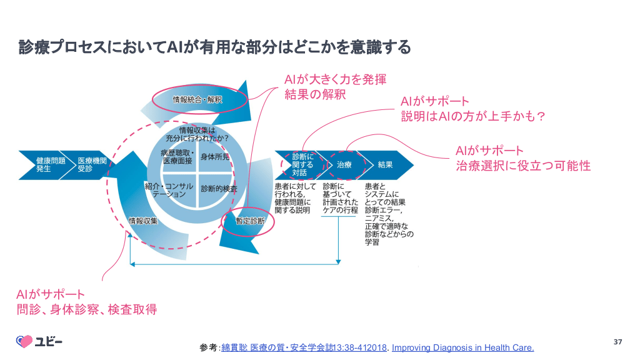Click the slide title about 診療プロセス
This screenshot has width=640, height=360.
tap(214, 47)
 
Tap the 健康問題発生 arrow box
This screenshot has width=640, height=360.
tap(48, 165)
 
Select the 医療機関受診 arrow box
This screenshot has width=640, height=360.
tap(92, 165)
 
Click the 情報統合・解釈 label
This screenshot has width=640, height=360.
tap(197, 99)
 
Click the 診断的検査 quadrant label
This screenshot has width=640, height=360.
tap(219, 188)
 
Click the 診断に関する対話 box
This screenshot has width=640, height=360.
tap(303, 164)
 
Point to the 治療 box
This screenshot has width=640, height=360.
tap(344, 165)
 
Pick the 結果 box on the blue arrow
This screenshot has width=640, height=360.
tap(385, 165)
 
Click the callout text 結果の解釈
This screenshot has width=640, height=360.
tap(315, 95)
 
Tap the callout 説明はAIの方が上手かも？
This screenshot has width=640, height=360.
tap(474, 116)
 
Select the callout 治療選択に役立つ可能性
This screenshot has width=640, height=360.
tap(523, 166)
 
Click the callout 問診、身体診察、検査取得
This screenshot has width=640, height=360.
tap(86, 309)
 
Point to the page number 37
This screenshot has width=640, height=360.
tap(618, 341)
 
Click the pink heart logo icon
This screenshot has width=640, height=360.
tap(24, 341)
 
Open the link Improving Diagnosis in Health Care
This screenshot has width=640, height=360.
tap(463, 347)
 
